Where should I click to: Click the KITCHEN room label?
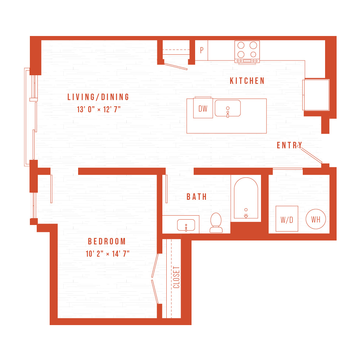coord(247,81)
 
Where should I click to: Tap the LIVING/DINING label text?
coord(98,97)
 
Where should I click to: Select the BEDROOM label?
coord(107,241)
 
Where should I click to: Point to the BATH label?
coord(197,197)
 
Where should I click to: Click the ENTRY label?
coord(289,145)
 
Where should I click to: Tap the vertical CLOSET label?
coord(176,277)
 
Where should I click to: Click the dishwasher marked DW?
coord(203,108)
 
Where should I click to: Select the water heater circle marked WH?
coord(316,219)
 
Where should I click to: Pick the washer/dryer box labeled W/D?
coord(287,219)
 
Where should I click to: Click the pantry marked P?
coord(201,50)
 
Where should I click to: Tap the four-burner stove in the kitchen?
coord(247,52)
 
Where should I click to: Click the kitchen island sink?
coord(228,108)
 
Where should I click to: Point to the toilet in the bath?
coord(216,223)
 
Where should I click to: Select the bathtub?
coord(246,198)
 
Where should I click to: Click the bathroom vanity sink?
coord(186,225)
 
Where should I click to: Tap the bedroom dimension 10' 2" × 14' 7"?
coord(107,254)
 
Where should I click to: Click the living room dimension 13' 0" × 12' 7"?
coord(99,109)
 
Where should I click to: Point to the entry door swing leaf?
coord(311,156)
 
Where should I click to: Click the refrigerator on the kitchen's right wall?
coord(316,95)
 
